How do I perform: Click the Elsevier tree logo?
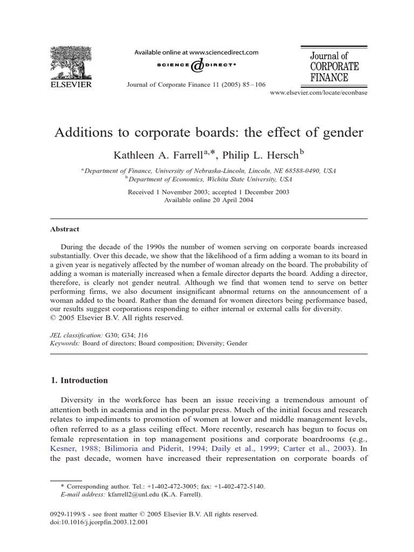(71, 63)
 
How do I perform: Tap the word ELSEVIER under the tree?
(71, 84)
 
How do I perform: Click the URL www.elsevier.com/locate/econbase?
(318, 93)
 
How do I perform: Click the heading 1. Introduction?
(79, 380)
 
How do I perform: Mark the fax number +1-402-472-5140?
(242, 486)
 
